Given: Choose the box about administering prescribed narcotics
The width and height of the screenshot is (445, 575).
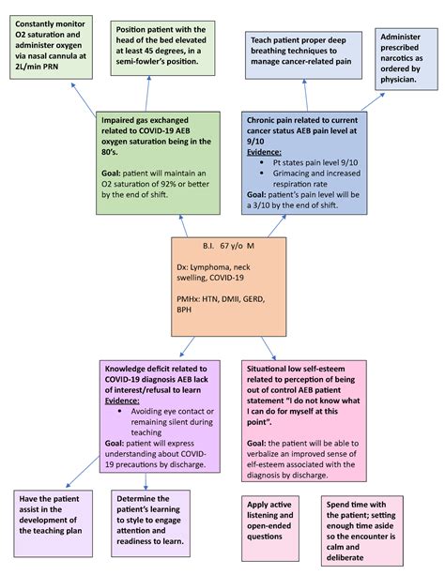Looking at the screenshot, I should click(409, 58).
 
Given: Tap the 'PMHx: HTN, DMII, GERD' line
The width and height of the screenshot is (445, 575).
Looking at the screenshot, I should click(222, 305).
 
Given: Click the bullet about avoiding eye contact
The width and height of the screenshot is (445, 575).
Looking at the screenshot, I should click(166, 417).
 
